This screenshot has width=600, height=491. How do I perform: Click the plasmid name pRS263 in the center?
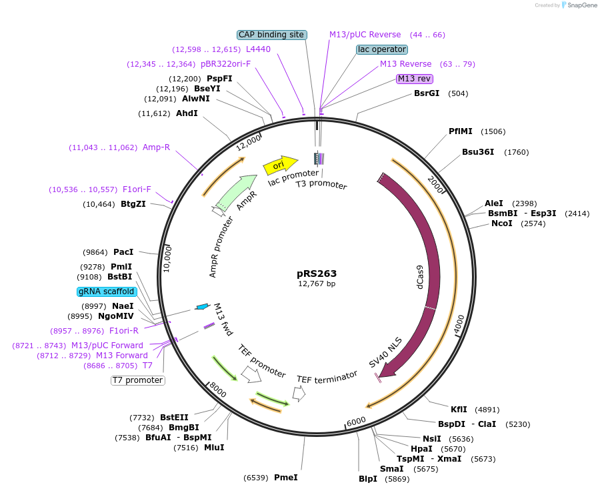[317, 274]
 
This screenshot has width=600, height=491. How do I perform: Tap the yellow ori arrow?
[280, 165]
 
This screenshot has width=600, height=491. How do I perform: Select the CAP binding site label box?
[272, 35]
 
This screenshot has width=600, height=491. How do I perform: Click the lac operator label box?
[382, 49]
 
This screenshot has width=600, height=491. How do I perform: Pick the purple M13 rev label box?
[414, 79]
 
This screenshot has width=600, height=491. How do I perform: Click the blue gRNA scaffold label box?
[107, 292]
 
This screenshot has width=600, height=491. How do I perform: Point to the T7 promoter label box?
[138, 380]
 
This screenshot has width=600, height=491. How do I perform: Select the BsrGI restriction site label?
[427, 93]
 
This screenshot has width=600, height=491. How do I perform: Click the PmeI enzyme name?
[286, 478]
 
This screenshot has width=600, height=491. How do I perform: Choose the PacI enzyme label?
[123, 252]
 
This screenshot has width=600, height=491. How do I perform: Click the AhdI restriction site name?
[187, 113]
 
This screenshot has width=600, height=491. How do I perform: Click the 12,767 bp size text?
[317, 284]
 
